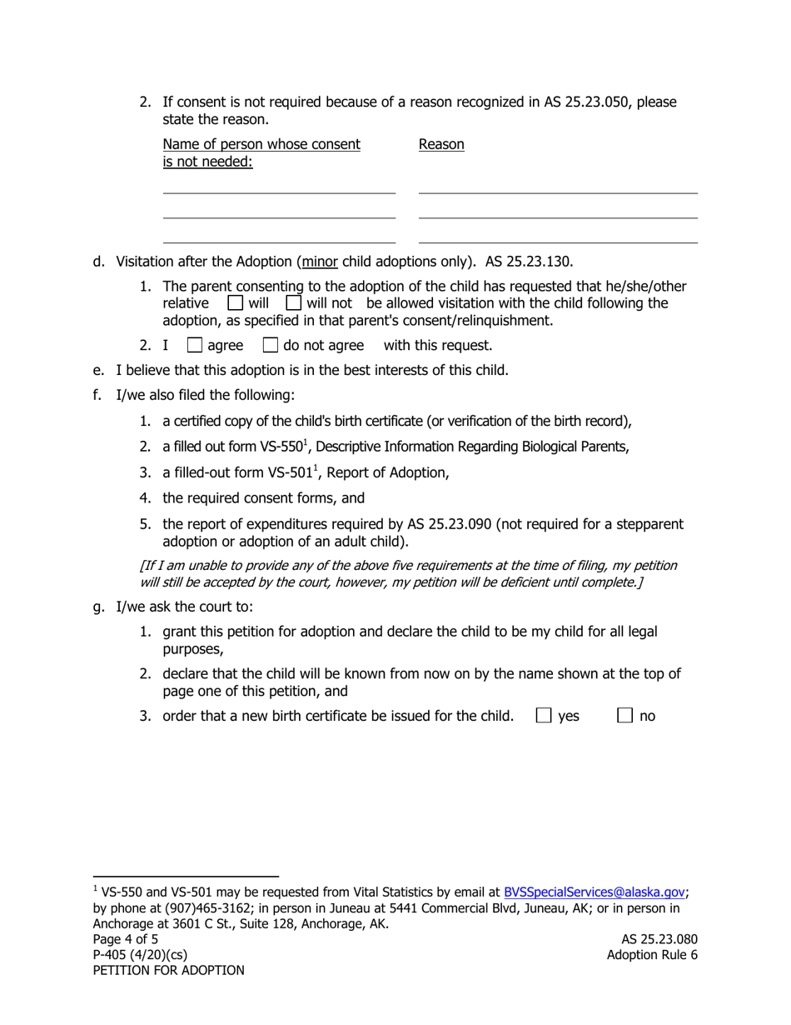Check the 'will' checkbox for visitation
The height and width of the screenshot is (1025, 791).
[x=235, y=302]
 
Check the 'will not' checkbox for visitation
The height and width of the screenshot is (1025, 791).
[x=293, y=302]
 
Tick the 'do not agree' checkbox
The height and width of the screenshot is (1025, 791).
[x=270, y=344]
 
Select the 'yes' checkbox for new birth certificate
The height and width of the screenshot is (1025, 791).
[x=544, y=715]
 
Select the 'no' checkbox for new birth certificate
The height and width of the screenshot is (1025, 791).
[x=625, y=715]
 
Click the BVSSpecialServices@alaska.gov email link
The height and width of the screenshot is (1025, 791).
[x=594, y=892]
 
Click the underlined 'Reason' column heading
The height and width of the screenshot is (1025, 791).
[x=441, y=144]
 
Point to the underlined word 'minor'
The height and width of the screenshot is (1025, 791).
[x=321, y=261]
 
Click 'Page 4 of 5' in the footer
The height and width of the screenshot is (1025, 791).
[x=125, y=939]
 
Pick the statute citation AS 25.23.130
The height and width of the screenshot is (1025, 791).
[x=529, y=261]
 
